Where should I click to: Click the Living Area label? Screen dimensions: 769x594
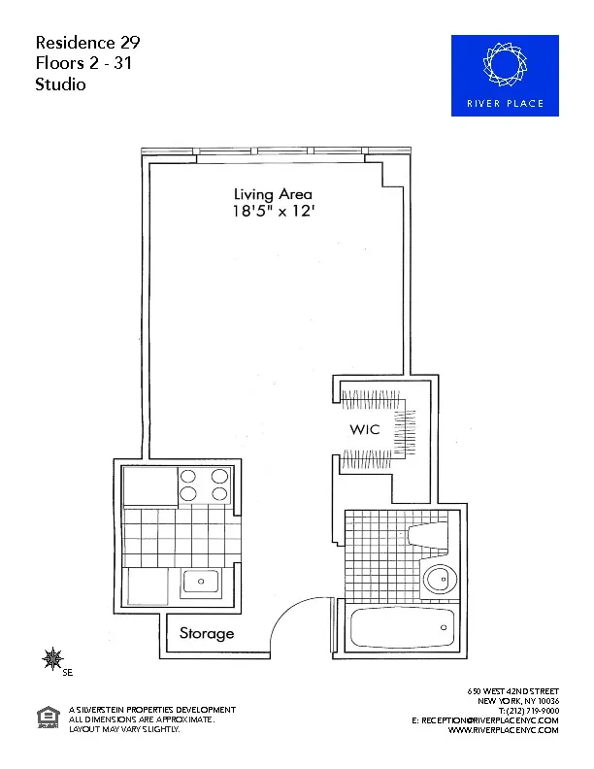coord(272,194)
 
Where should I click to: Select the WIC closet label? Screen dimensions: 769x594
coord(364,429)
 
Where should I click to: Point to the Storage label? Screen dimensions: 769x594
coord(207,634)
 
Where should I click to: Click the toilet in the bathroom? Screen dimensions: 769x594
coord(428,534)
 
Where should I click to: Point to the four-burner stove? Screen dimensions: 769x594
coord(205,485)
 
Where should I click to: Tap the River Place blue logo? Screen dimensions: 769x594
coord(505,76)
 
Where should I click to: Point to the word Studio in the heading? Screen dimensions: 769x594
coord(61,84)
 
